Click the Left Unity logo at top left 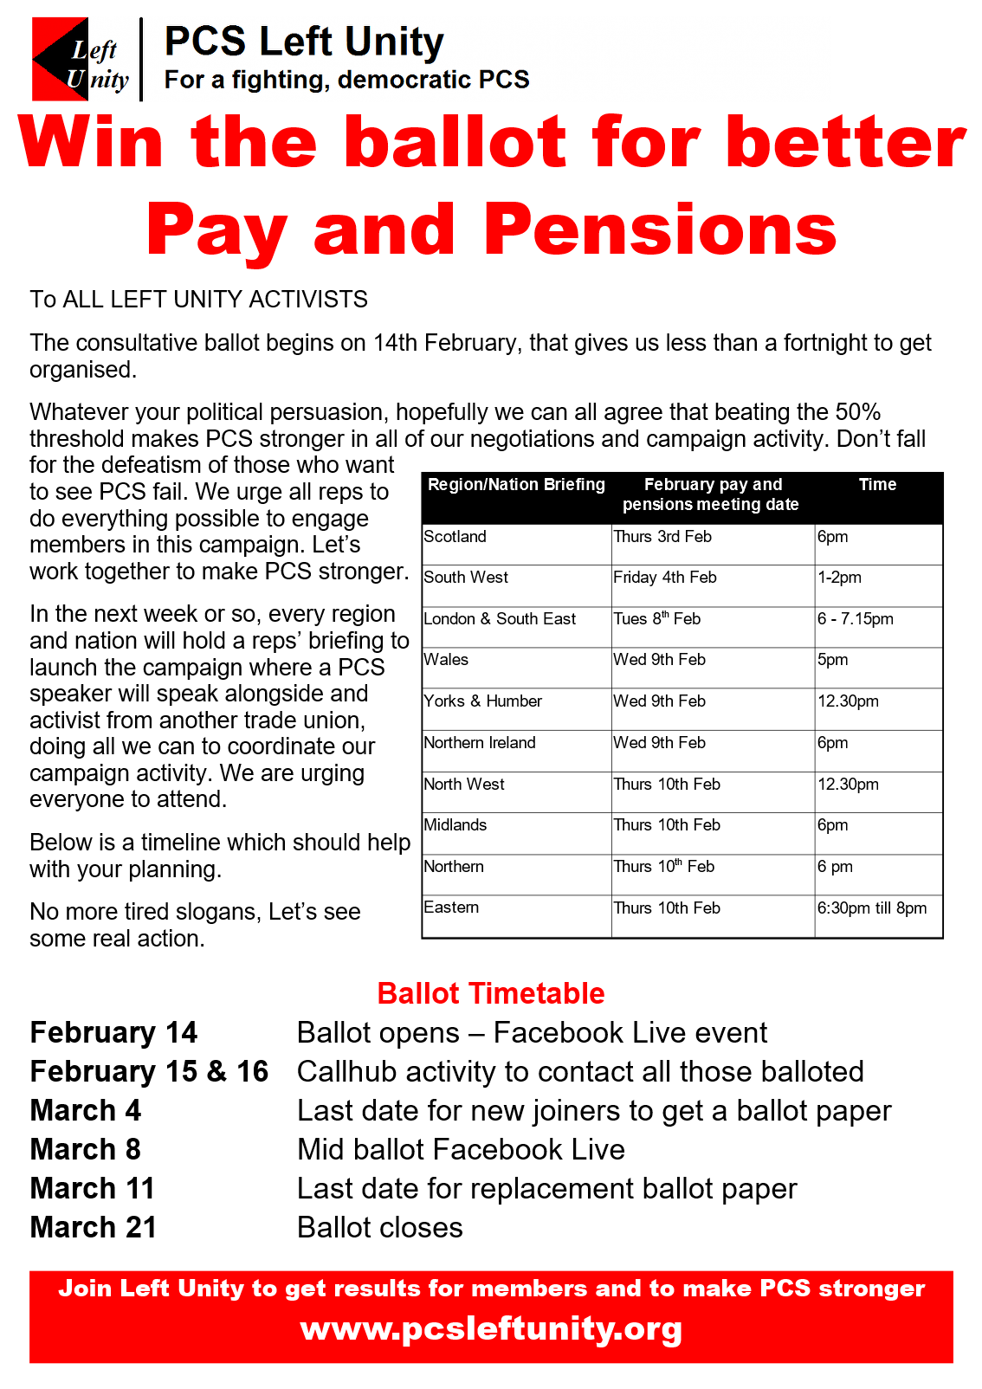[x=81, y=60]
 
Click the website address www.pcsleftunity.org [x=491, y=1328]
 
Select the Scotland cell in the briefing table [x=455, y=537]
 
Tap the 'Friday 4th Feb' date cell [x=665, y=578]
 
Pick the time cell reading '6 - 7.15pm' [x=856, y=619]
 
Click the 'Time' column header [x=877, y=485]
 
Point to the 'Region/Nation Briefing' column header [x=516, y=485]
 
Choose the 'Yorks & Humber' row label [x=483, y=701]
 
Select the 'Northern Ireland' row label [x=480, y=743]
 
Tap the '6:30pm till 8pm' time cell [x=872, y=908]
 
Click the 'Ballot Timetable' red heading [x=491, y=993]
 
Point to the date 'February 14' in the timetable [x=113, y=1033]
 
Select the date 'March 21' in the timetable [x=94, y=1228]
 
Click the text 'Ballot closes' [x=380, y=1228]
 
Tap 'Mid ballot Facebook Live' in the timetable [x=461, y=1150]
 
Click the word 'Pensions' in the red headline [x=660, y=229]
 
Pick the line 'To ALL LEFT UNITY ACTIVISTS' [x=199, y=300]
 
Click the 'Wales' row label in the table [x=447, y=660]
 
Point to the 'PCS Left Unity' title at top [x=304, y=42]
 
